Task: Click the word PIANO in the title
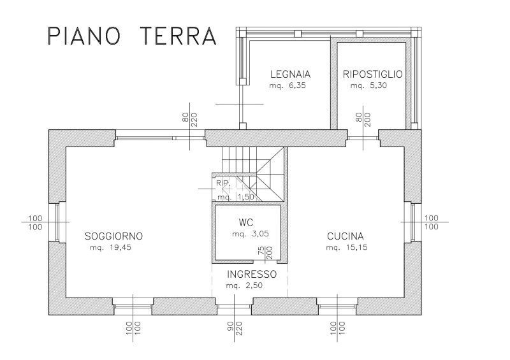pyautogui.click(x=84, y=36)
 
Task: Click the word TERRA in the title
pyautogui.click(x=179, y=36)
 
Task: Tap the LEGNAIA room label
pyautogui.click(x=291, y=74)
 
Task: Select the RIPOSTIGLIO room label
pyautogui.click(x=373, y=74)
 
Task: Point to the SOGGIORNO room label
pyautogui.click(x=114, y=236)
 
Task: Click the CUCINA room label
pyautogui.click(x=346, y=236)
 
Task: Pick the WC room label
pyautogui.click(x=245, y=223)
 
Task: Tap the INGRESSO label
pyautogui.click(x=252, y=275)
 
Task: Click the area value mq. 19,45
pyautogui.click(x=110, y=247)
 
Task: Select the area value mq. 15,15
pyautogui.click(x=347, y=247)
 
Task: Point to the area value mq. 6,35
pyautogui.click(x=288, y=86)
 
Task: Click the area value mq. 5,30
pyautogui.click(x=369, y=86)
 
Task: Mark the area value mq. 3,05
pyautogui.click(x=251, y=234)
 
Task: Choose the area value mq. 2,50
pyautogui.click(x=244, y=286)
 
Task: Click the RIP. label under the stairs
pyautogui.click(x=223, y=183)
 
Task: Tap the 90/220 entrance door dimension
pyautogui.click(x=234, y=328)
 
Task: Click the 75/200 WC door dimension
pyautogui.click(x=265, y=253)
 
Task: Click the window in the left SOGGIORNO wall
pyautogui.click(x=57, y=222)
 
